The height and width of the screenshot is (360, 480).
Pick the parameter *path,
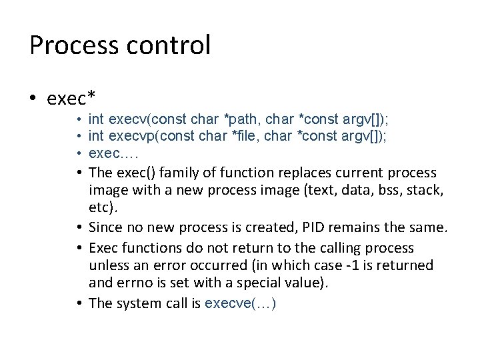tap(243, 119)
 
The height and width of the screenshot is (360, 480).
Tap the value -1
tap(351, 266)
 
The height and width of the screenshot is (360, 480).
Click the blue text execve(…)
tap(241, 303)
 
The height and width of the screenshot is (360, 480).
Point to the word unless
tap(107, 266)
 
